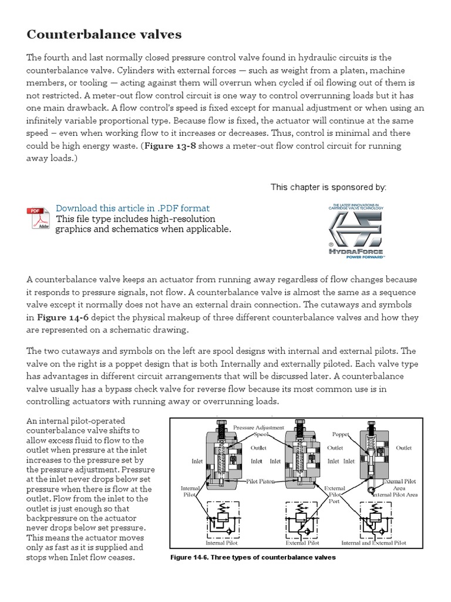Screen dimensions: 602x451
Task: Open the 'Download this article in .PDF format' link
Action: [132, 208]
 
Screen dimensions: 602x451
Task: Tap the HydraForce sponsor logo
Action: [355, 230]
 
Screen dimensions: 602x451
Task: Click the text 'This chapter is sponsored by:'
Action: [328, 187]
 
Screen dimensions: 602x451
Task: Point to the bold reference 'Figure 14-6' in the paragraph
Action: [62, 317]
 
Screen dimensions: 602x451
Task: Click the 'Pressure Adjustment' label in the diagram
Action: [258, 427]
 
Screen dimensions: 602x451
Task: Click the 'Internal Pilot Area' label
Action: [395, 495]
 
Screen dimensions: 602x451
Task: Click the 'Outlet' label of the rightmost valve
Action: [403, 447]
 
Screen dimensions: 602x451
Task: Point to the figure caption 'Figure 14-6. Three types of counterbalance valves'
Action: [253, 557]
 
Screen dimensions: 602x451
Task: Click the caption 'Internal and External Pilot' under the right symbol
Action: [373, 543]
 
